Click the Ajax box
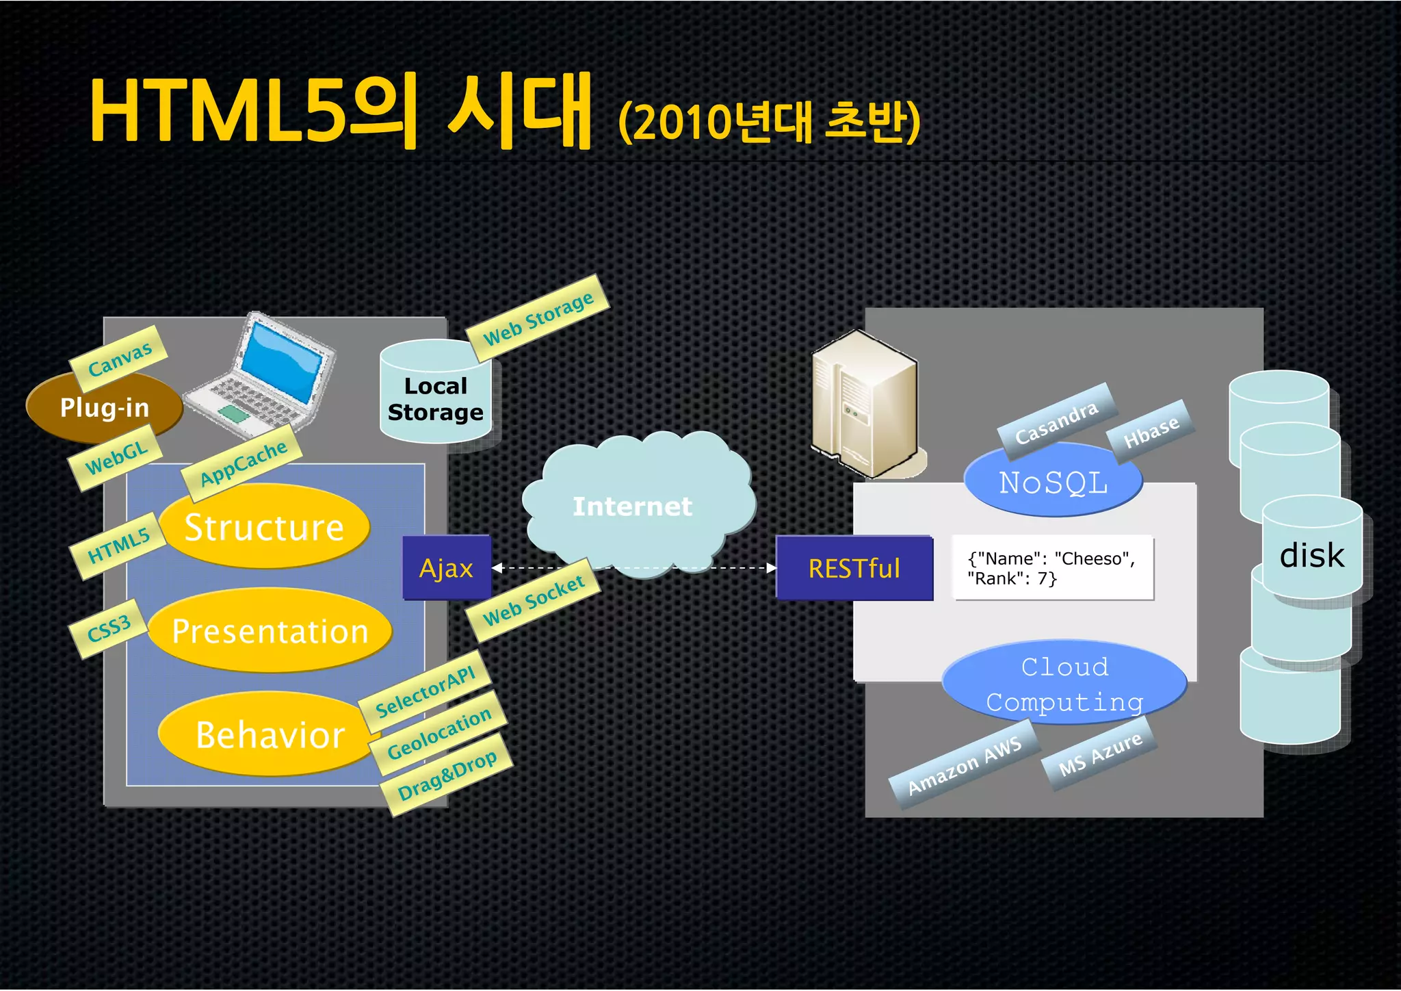(x=447, y=568)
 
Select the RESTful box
(x=854, y=568)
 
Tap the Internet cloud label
(x=632, y=506)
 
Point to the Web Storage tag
(x=538, y=318)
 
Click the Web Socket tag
(x=534, y=600)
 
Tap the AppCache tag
(x=243, y=463)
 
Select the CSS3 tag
(x=109, y=629)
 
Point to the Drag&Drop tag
(x=447, y=775)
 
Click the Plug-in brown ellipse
(x=104, y=408)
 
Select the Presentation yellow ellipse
(x=270, y=630)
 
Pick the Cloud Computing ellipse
(x=1064, y=684)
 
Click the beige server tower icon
(x=865, y=404)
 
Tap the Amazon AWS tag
(x=964, y=765)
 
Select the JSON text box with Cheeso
(x=1053, y=568)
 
